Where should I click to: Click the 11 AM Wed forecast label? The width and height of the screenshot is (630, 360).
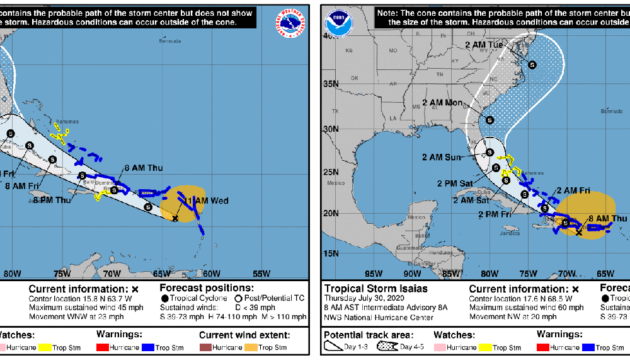click(207, 200)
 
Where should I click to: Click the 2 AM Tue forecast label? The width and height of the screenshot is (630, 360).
click(484, 44)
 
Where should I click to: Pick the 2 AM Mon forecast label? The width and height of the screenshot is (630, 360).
click(442, 103)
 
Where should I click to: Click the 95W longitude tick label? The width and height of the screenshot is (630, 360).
click(374, 274)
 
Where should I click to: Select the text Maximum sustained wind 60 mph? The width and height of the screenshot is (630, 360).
click(515, 307)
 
